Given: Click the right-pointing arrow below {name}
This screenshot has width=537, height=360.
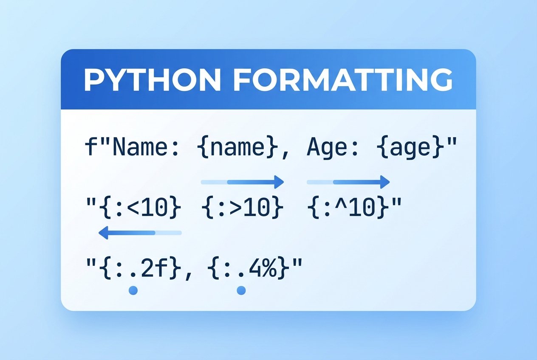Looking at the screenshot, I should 242,182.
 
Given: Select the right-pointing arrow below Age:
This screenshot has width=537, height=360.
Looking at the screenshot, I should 348,182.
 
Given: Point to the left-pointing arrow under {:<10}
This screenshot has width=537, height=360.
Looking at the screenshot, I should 140,233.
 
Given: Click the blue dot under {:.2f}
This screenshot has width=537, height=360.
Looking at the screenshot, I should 133,290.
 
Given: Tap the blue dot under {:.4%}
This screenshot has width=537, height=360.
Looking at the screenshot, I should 241,290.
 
